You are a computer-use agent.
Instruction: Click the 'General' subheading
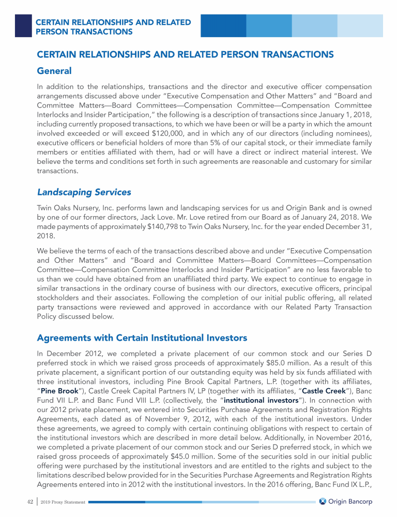coord(54,70)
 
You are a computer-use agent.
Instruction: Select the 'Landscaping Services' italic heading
coord(84,192)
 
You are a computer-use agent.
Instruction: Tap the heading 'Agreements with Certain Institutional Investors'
coord(142,338)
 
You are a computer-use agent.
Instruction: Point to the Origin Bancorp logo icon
coord(323,502)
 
